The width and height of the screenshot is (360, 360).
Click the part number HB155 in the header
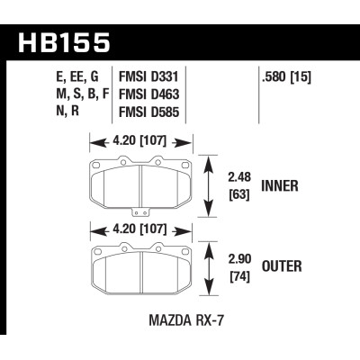tap(64, 41)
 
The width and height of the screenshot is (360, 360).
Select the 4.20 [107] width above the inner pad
tap(142, 140)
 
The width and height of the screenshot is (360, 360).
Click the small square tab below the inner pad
tap(139, 212)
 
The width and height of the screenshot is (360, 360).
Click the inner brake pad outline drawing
tap(142, 184)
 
